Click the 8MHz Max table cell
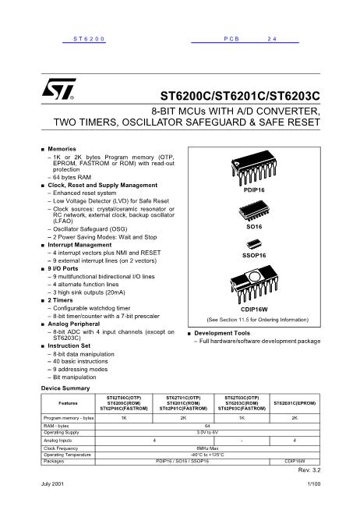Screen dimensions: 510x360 click(x=207, y=449)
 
